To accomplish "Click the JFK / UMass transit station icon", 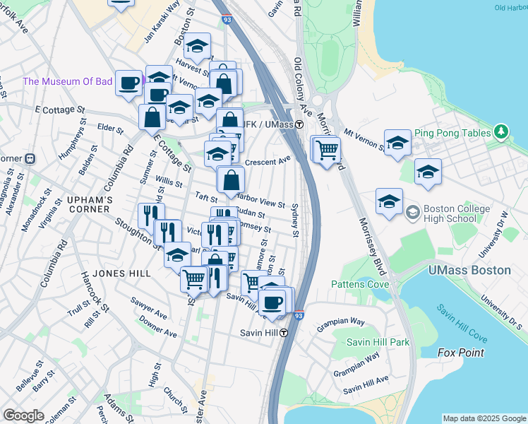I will click(299, 124).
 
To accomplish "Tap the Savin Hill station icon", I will click(284, 333).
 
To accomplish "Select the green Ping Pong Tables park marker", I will click(501, 131).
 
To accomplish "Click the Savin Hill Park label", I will click(378, 342).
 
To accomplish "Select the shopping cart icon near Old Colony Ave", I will click(328, 150).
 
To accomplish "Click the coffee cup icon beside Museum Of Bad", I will click(129, 82).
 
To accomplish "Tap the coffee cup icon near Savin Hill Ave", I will click(272, 302).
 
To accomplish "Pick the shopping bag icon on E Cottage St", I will click(152, 117).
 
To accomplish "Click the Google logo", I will click(23, 416).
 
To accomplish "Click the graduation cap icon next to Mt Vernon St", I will click(397, 143).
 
